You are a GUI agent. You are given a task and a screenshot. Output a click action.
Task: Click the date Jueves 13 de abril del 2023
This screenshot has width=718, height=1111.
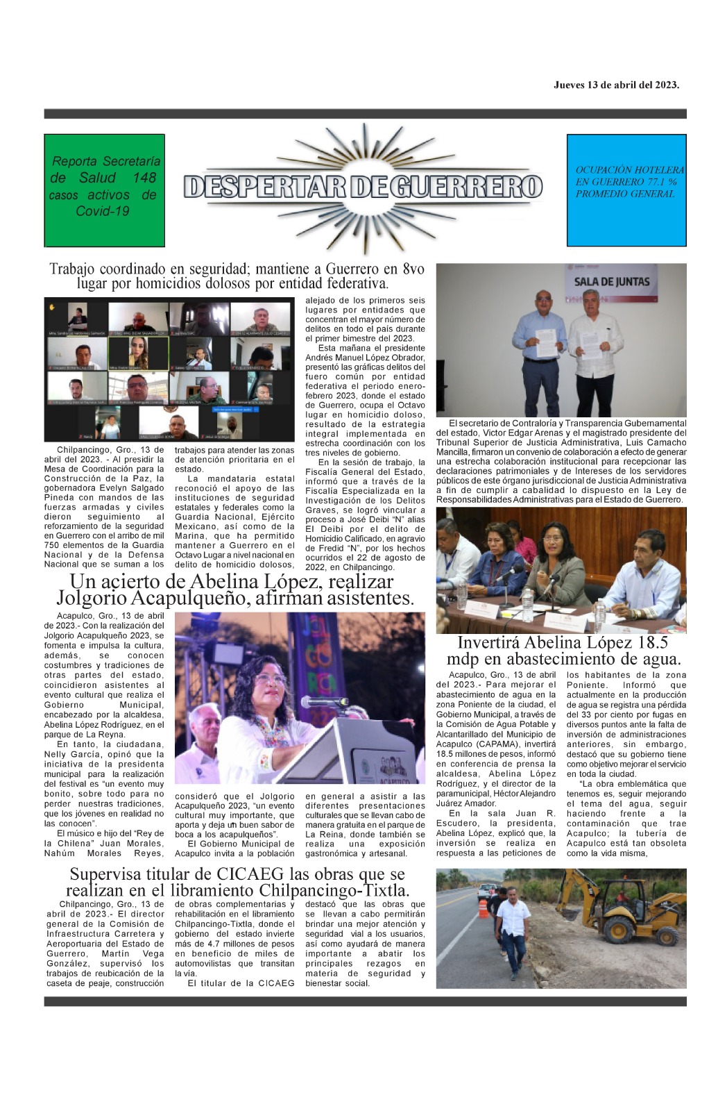point(616,85)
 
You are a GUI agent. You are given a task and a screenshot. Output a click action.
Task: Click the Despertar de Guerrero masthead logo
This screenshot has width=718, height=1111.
point(363,186)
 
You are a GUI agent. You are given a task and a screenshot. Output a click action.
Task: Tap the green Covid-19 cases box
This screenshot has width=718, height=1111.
point(104,190)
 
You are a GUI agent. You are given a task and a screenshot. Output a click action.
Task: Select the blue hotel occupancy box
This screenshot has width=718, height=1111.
point(626,190)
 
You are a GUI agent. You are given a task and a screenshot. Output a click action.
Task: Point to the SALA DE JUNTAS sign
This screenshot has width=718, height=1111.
point(612,281)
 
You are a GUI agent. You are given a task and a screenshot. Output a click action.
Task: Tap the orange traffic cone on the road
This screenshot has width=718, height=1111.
point(484,908)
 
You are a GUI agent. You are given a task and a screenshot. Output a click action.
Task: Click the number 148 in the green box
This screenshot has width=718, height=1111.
point(144,178)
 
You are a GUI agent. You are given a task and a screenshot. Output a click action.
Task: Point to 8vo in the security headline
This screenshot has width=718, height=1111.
point(413,269)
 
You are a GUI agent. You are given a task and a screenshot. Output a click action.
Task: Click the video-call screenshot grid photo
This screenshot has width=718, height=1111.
point(170,369)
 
